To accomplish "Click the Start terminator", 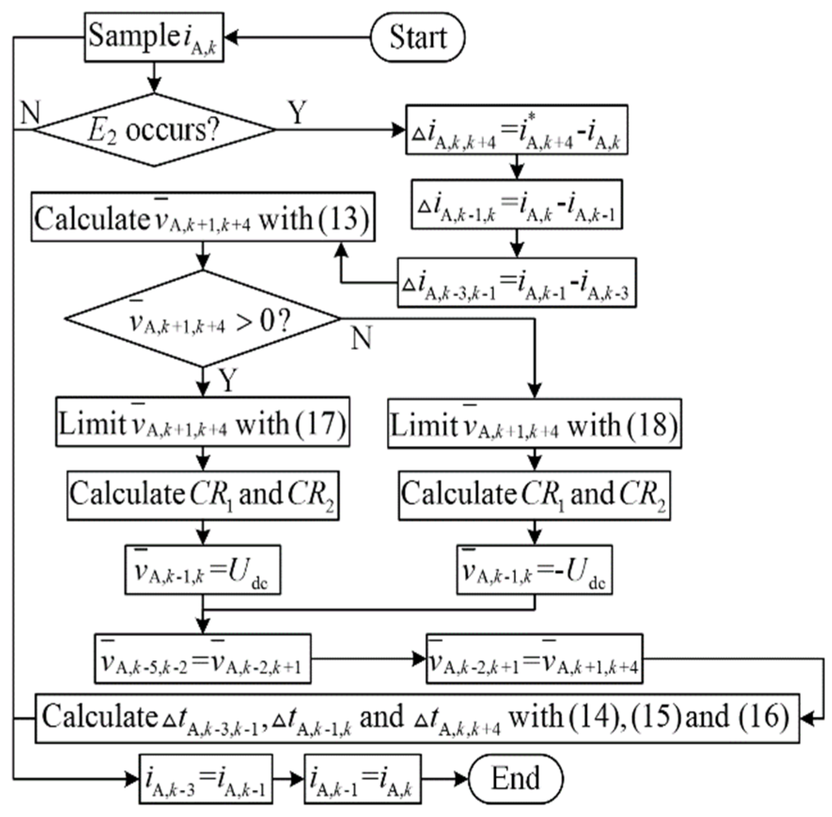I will [417, 37].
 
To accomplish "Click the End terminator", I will [515, 778].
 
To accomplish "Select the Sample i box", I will [154, 37].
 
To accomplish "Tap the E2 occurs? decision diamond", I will [154, 130].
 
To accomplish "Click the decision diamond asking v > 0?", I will [202, 319].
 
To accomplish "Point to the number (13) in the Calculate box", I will [344, 218].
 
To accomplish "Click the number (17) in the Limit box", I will [321, 423].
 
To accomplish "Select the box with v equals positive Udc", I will [202, 570].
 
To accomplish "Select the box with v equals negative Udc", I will [534, 570].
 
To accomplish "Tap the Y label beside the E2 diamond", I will [297, 113].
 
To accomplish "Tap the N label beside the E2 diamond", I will [31, 113].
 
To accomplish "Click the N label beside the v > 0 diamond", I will [361, 338].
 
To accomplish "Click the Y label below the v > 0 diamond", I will [228, 380].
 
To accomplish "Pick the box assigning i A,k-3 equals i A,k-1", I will [206, 779].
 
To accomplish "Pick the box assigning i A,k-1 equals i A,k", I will [362, 779].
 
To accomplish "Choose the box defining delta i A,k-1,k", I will [516, 204].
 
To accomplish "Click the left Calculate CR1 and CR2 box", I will [202, 495].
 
